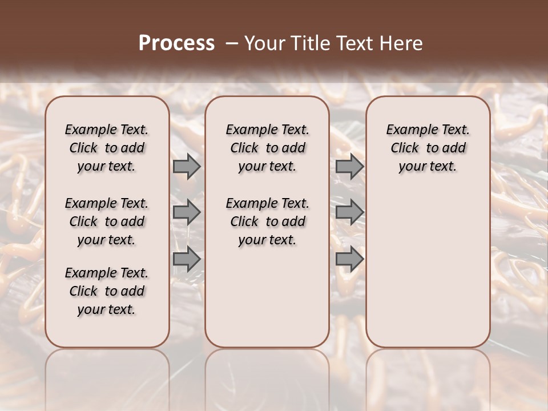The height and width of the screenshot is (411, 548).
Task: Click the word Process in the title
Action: click(176, 43)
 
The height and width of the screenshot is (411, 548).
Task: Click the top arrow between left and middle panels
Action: click(187, 166)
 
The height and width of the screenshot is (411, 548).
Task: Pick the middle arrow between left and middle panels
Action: click(187, 213)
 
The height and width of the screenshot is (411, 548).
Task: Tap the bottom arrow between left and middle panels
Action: click(187, 259)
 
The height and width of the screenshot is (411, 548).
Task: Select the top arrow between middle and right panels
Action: click(349, 166)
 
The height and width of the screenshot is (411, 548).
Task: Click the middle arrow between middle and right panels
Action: click(349, 213)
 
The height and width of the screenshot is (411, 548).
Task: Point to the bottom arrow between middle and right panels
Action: click(349, 259)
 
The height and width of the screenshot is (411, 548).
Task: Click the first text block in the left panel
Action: click(107, 148)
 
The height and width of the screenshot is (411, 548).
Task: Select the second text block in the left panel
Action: click(107, 221)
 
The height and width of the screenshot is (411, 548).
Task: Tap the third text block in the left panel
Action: click(107, 291)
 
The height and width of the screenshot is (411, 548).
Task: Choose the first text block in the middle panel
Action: click(267, 148)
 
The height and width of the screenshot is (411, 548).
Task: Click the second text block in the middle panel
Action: click(267, 221)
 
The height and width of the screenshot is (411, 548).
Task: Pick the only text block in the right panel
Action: click(428, 148)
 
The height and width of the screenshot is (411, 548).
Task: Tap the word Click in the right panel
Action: click(405, 148)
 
